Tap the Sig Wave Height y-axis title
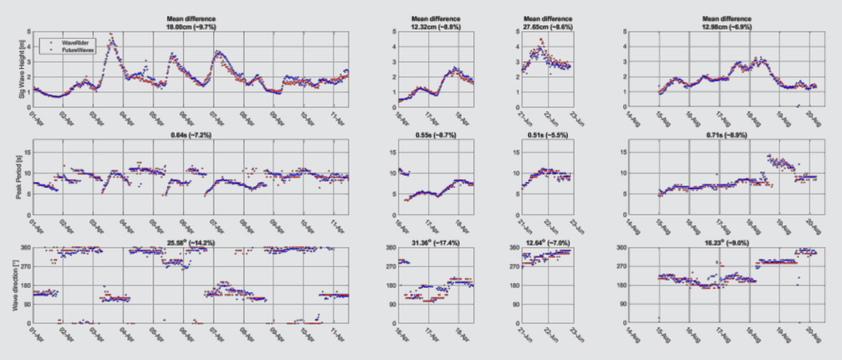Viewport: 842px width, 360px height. (x=20, y=68)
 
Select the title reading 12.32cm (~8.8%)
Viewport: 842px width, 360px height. (x=436, y=26)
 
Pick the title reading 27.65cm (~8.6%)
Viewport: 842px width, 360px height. (x=546, y=26)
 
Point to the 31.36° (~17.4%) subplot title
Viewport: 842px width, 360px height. (x=436, y=243)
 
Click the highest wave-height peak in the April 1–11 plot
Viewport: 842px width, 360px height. (x=110, y=34)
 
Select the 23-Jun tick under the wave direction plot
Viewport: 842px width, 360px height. (x=576, y=334)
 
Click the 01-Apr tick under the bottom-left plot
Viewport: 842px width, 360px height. (x=34, y=334)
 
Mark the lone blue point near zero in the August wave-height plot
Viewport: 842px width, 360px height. (x=797, y=106)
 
